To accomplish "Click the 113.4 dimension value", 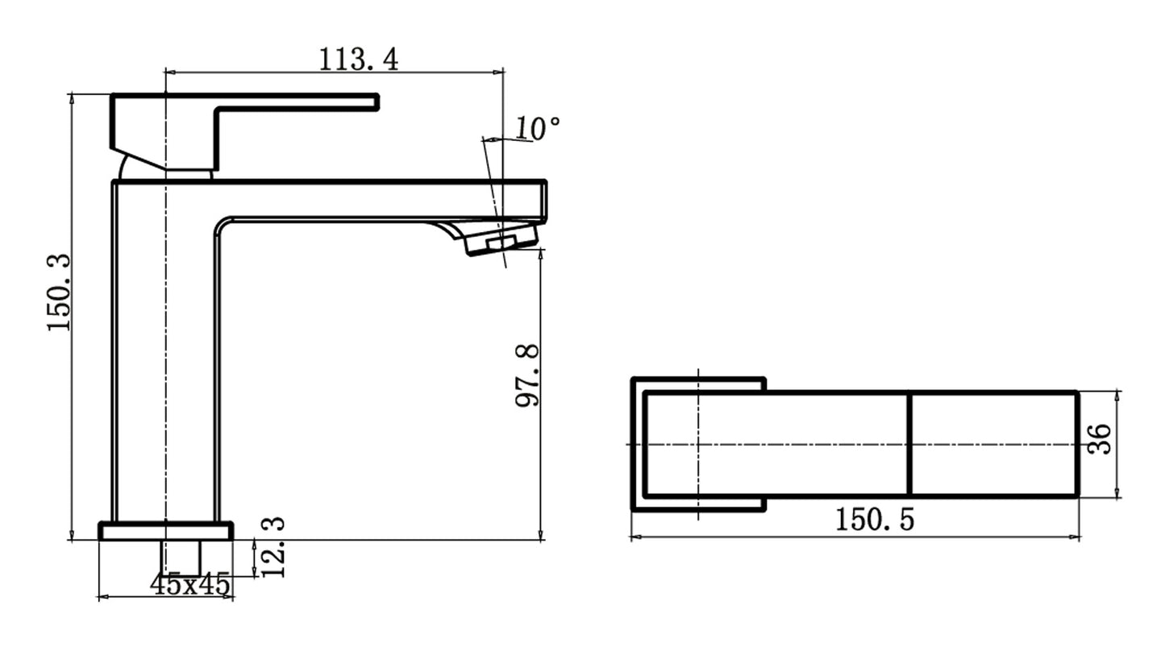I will point(358,59).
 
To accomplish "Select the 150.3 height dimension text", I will point(59,292).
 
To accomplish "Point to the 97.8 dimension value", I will point(528,375).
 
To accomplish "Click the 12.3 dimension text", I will point(273,548).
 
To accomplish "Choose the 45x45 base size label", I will point(190,585).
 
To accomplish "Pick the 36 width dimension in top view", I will point(1100,440).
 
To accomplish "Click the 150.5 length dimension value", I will point(875,520).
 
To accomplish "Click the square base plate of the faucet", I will point(165,531).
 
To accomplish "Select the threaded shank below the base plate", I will point(181,557).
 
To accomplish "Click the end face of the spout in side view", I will point(543,201).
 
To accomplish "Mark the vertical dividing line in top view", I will point(909,444).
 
